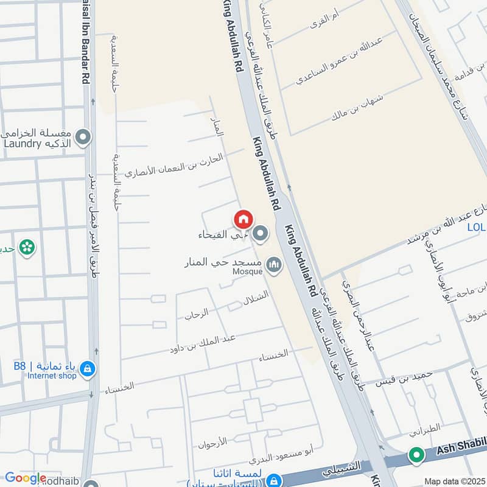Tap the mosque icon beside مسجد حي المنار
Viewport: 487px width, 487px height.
tap(274, 265)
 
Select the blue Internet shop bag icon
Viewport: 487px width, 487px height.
tap(88, 369)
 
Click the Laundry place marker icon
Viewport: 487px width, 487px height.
tap(83, 138)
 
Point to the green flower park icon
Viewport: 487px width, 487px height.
tap(27, 247)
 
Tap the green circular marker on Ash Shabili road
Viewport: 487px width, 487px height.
tap(416, 455)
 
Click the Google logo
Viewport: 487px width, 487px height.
tap(25, 478)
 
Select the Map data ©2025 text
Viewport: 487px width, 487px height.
tap(454, 481)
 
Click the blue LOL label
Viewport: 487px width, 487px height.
tap(476, 228)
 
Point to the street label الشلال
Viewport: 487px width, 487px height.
tap(256, 300)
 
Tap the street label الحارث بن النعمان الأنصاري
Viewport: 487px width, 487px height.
tap(174, 166)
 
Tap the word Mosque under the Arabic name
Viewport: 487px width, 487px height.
tap(247, 272)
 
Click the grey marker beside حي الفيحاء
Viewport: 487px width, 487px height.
tap(261, 234)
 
